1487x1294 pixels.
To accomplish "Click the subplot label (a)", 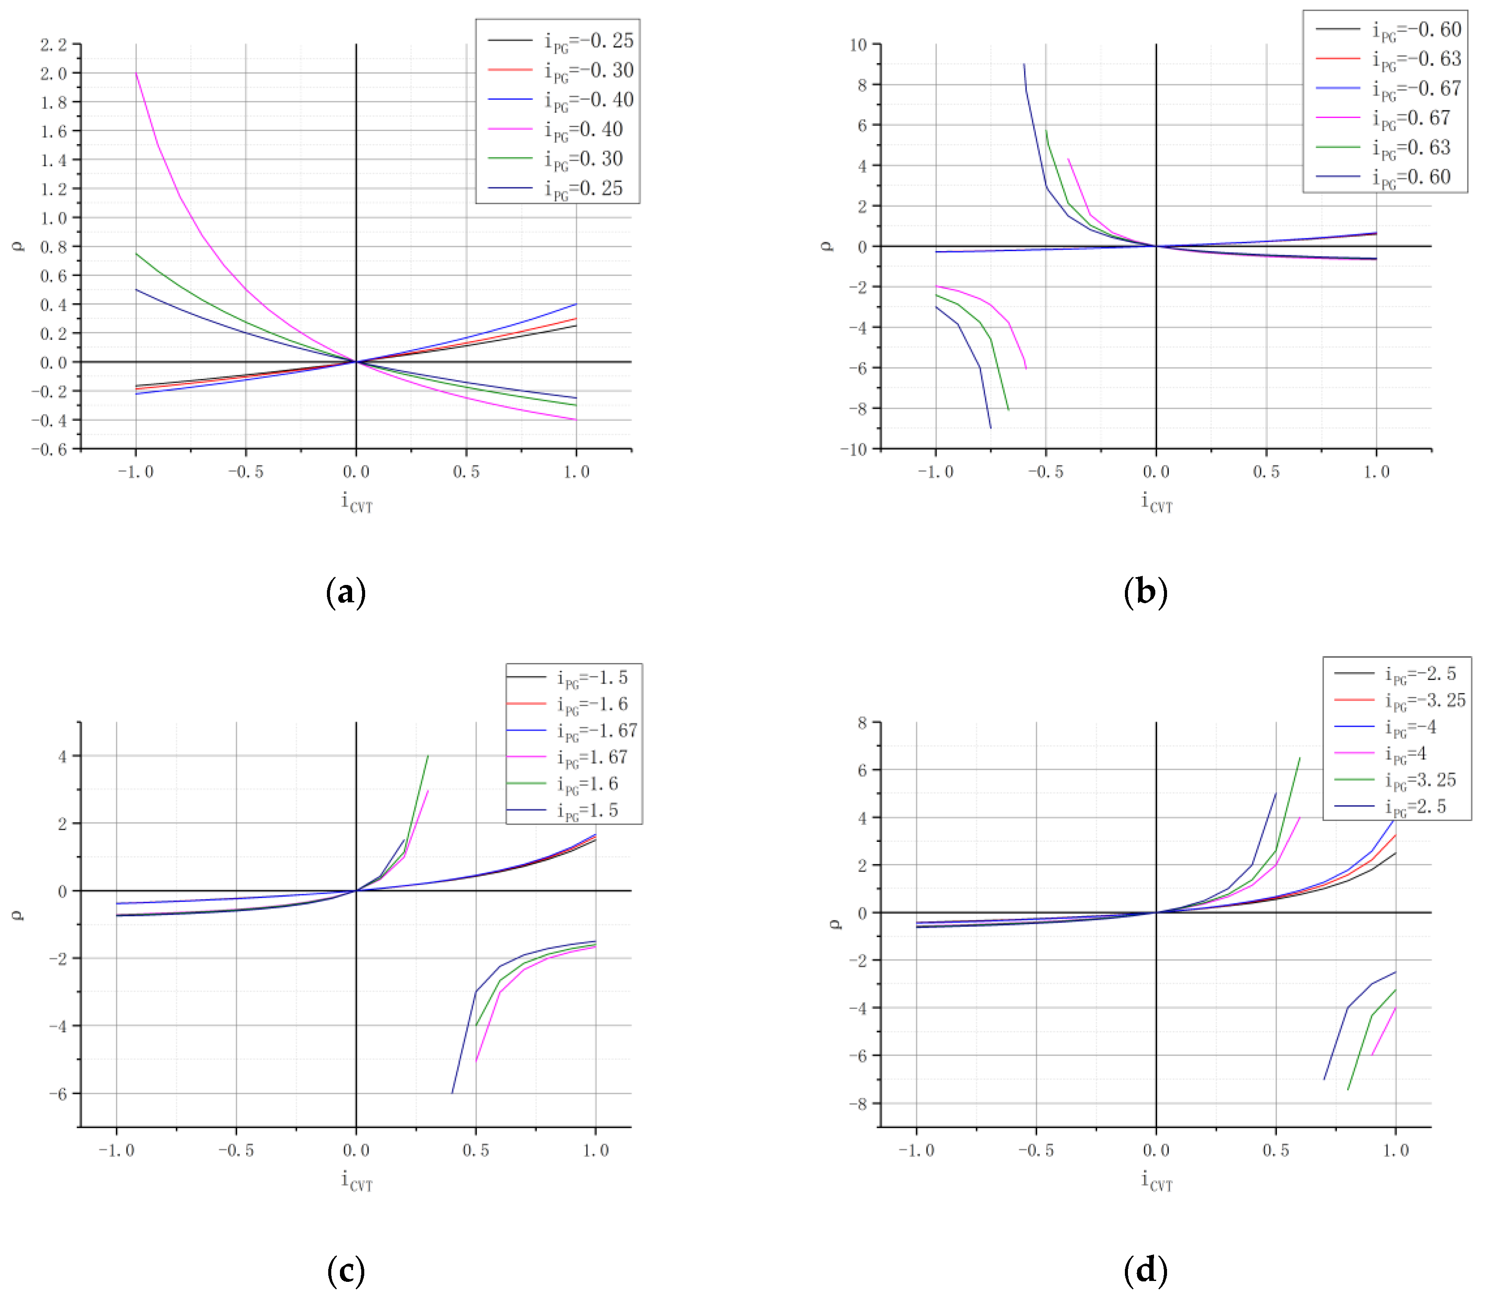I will pos(346,592).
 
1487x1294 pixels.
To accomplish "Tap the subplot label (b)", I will pos(1145,592).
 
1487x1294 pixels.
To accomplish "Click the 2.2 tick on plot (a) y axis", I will pos(53,45).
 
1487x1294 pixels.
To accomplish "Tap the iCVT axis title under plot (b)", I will pos(1156,502).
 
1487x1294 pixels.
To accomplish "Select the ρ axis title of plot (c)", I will pos(17,915).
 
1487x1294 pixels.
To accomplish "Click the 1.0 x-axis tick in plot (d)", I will pos(1395,1150).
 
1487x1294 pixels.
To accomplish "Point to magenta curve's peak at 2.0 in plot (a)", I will pos(137,73).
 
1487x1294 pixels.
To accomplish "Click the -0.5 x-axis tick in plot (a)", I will pos(246,472).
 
